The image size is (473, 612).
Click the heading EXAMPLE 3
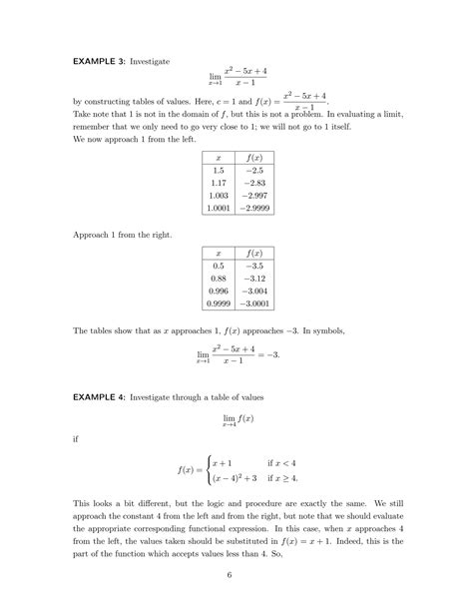[97, 63]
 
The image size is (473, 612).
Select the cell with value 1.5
[218, 173]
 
